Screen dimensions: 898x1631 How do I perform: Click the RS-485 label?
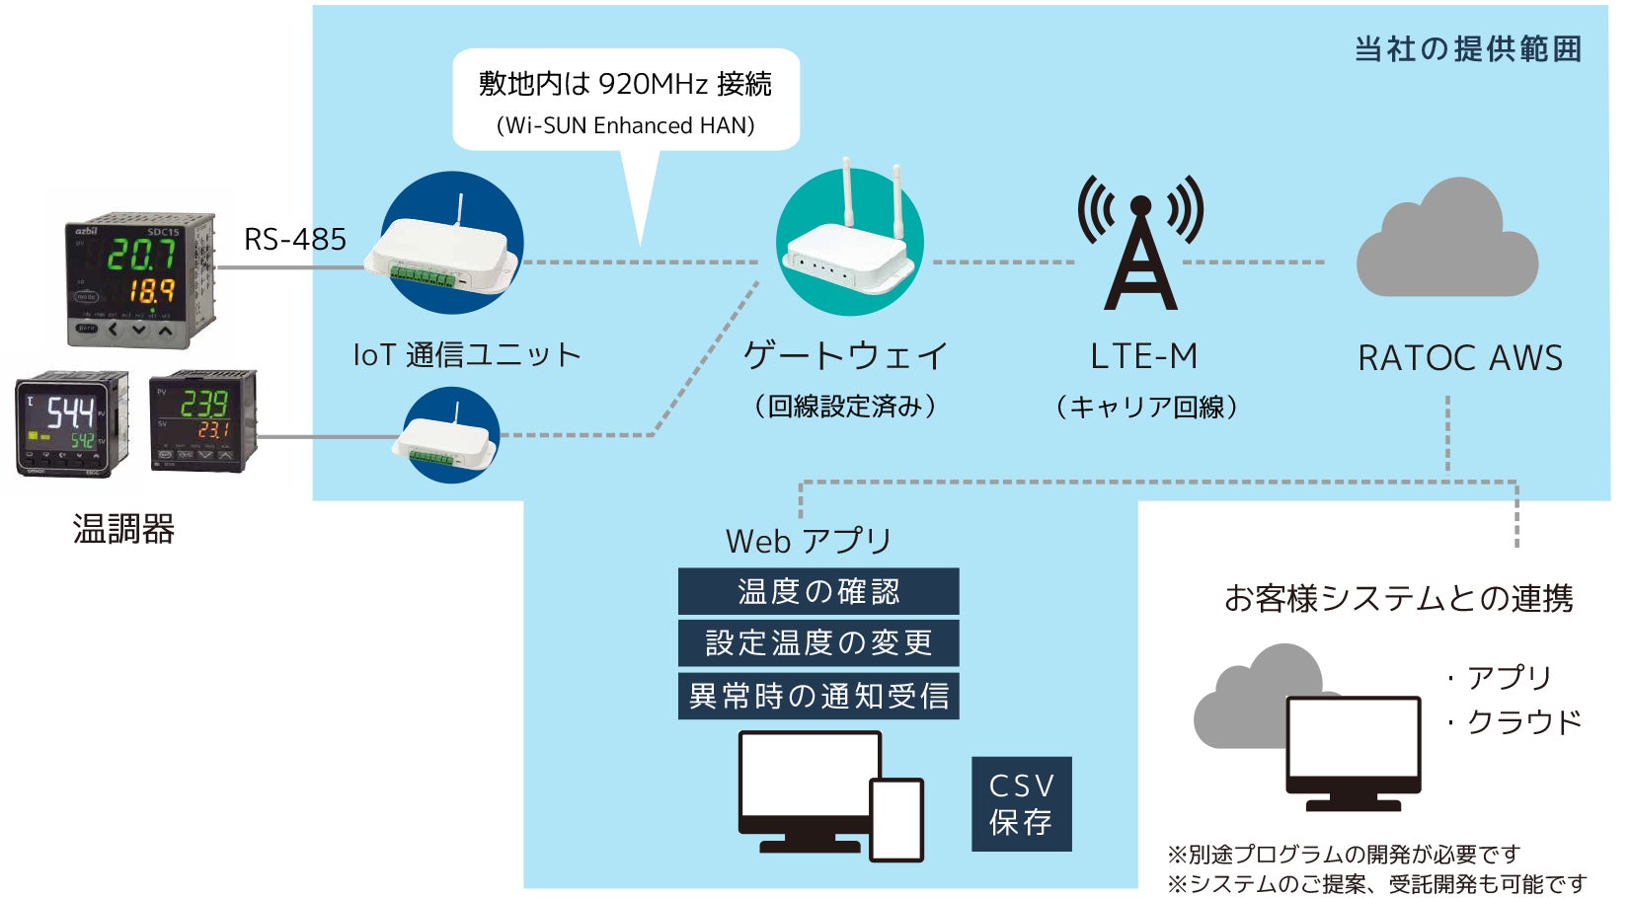tap(294, 239)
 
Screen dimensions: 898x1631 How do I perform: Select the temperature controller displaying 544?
tap(72, 423)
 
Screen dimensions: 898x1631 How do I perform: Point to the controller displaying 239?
tap(202, 420)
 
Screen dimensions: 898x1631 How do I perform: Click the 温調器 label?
tap(123, 530)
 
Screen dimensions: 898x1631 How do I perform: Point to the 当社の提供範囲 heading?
tap(1467, 49)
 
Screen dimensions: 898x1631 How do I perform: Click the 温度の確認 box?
tap(818, 591)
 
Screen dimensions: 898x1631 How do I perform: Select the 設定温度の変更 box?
tap(818, 643)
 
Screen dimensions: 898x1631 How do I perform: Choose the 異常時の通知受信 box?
tap(818, 696)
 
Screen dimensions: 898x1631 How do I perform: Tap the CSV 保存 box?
tap(1021, 803)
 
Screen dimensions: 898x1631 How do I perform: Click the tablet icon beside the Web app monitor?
tap(896, 820)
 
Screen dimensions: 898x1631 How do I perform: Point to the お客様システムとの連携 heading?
tap(1398, 598)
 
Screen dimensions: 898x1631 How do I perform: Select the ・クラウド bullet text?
tap(1515, 722)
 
